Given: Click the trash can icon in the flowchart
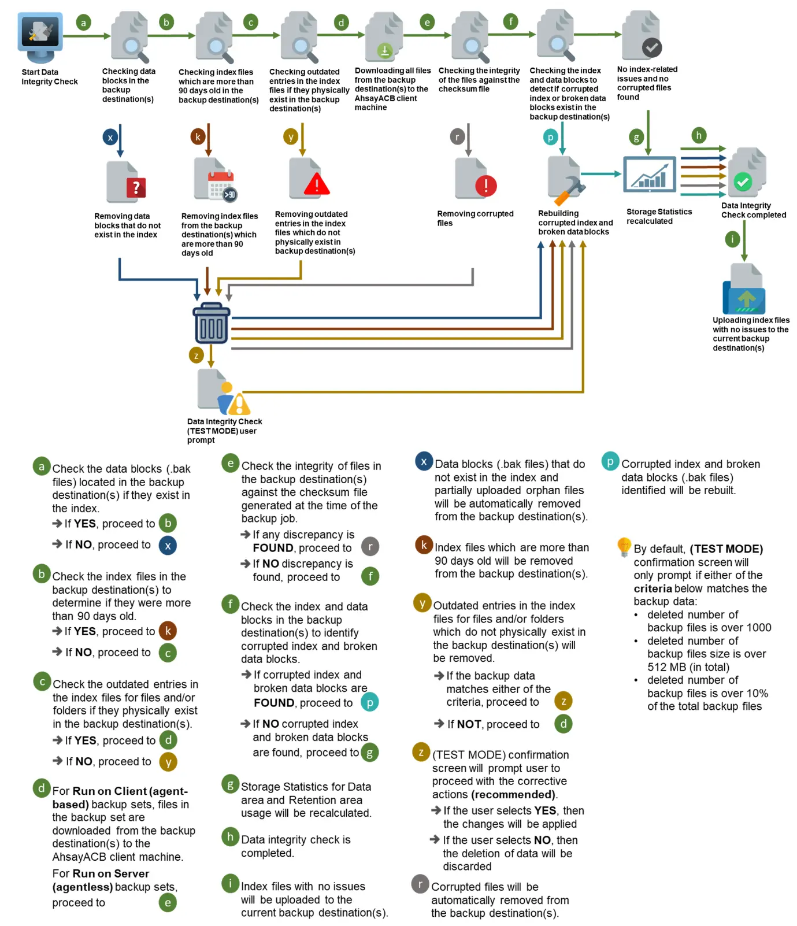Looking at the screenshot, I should click(211, 324).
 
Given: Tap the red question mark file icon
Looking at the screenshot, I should click(136, 187).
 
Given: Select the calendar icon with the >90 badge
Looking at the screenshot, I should click(222, 185).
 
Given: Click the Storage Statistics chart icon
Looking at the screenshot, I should click(649, 174).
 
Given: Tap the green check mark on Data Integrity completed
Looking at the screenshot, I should click(742, 182).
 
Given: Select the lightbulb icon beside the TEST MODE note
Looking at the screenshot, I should click(624, 546).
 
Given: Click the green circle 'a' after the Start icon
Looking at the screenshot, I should click(83, 23).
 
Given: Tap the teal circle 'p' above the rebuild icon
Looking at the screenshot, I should click(550, 137).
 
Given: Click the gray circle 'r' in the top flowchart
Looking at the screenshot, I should click(457, 137).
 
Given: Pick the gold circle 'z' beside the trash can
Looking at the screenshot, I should click(197, 355).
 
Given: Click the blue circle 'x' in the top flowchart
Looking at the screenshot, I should click(110, 137).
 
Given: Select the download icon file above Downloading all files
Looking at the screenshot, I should click(385, 50).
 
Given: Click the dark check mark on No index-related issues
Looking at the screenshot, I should click(652, 47).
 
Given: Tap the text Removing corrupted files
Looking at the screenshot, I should click(475, 218).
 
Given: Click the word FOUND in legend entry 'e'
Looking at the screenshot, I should click(273, 548).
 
